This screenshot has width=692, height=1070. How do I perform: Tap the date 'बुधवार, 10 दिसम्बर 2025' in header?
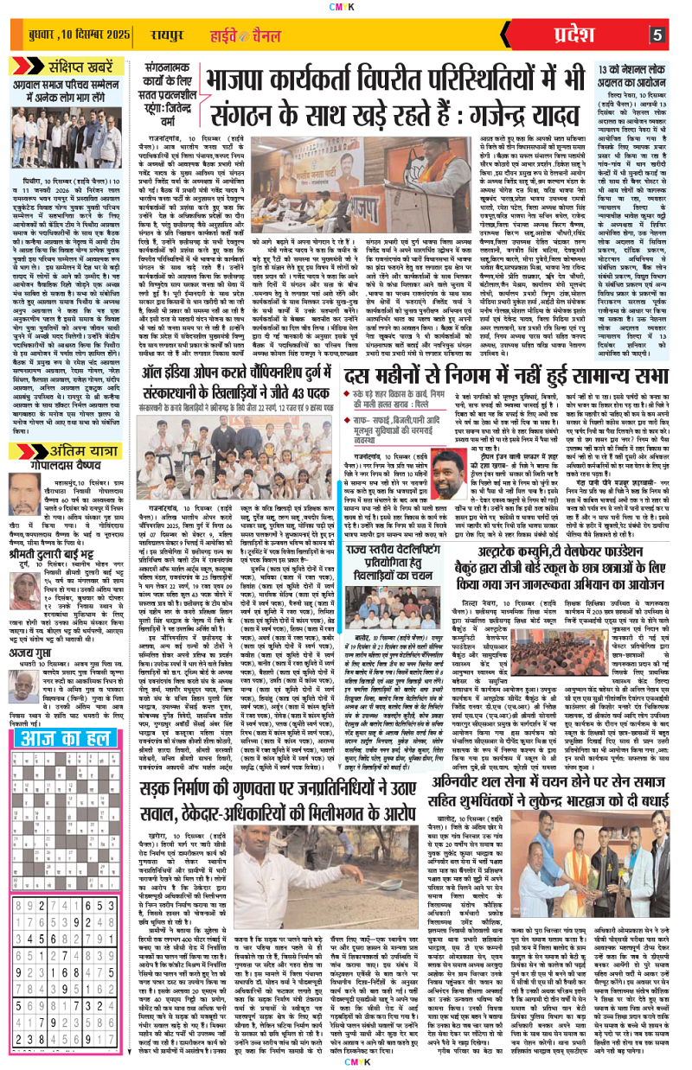[x=76, y=35]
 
